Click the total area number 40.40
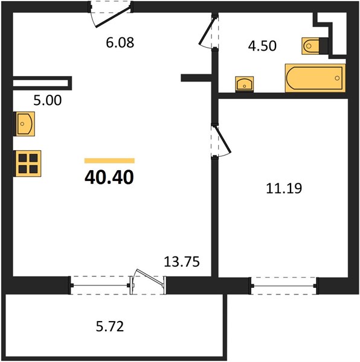coord(109,177)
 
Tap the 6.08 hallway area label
coord(120,43)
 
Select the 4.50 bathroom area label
coord(262,46)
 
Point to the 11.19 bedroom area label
coord(284,188)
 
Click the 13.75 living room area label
coord(182,262)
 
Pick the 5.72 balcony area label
coord(110,326)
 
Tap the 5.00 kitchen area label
coord(48,100)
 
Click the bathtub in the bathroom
coord(315,78)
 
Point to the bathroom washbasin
coord(245,84)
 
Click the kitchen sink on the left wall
coord(24,124)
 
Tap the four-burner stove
coord(27,164)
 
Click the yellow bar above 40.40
coord(109,160)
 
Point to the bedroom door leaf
coord(223,139)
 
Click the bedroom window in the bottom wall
coord(284,286)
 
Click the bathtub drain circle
coord(337,78)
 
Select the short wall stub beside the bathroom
coord(196,78)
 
